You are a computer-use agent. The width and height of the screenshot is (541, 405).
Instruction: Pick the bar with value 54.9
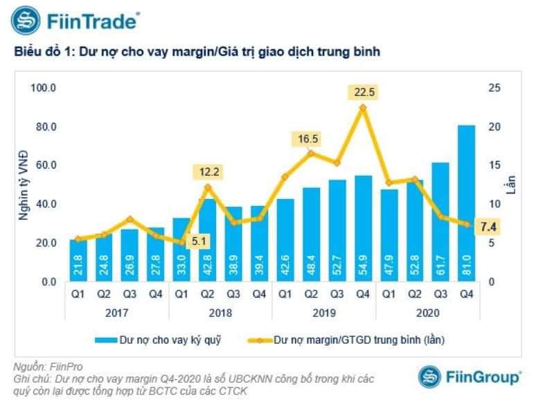pos(363,228)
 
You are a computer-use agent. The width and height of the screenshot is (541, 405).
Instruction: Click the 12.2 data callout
pos(208,171)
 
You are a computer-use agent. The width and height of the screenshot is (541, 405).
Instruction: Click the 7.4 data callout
pos(488,227)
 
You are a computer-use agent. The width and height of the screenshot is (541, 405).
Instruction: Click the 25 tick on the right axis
pos(493,88)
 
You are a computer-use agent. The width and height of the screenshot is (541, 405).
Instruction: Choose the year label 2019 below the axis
pos(324,313)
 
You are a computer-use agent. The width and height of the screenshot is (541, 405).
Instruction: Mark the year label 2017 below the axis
pos(116,313)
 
